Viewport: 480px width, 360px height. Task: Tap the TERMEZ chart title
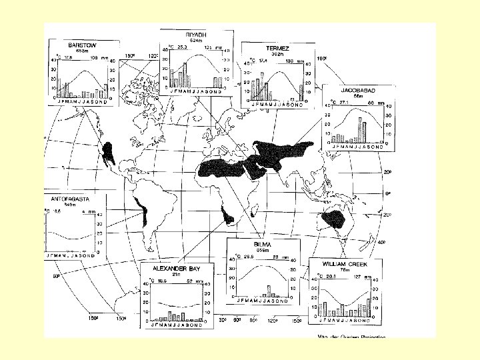(273, 47)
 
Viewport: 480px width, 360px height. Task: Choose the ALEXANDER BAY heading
(176, 268)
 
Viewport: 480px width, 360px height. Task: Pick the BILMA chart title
(261, 244)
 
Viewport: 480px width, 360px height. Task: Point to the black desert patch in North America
(109, 153)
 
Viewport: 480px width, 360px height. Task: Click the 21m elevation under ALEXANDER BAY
(175, 274)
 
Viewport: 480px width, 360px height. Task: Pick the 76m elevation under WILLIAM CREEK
(343, 271)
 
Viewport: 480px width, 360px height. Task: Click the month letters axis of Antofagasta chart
(70, 255)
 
